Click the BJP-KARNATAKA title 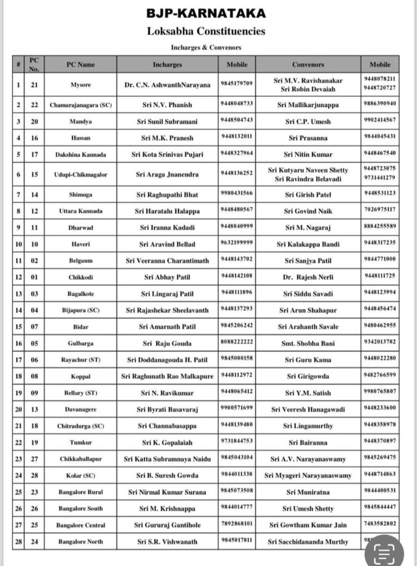pos(206,13)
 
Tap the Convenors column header pos(308,65)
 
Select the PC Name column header pos(80,65)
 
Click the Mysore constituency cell pos(80,85)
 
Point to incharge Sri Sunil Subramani pos(167,122)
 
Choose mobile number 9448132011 pos(237,136)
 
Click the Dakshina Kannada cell pos(80,155)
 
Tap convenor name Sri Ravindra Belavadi pos(308,179)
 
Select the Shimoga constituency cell pos(80,195)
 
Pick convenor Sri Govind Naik pos(308,211)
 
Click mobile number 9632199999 pos(237,243)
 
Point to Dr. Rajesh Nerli pos(308,277)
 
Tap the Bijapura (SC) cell pos(80,310)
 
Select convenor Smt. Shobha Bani pos(308,343)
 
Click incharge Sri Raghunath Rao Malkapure pos(167,376)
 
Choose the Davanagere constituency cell pos(80,410)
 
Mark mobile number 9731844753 pos(237,441)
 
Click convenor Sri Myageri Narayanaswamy pos(308,475)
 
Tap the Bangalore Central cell pos(80,525)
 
